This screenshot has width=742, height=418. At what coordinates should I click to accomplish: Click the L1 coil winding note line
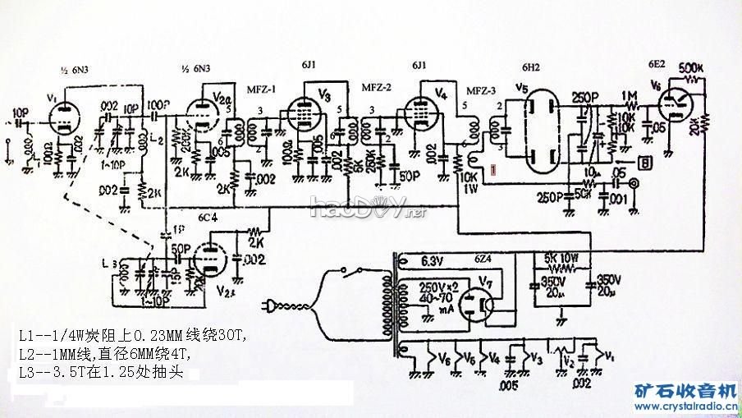pyautogui.click(x=130, y=336)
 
